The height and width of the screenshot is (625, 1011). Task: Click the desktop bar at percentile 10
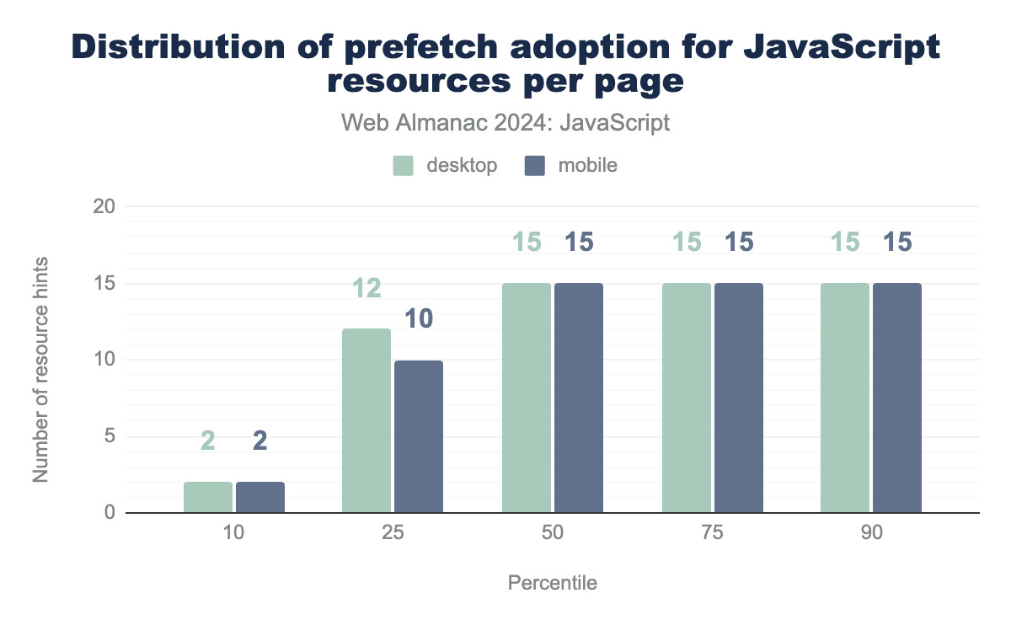click(208, 497)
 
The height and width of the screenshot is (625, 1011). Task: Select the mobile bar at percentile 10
click(260, 497)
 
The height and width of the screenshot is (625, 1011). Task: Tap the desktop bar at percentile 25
click(366, 420)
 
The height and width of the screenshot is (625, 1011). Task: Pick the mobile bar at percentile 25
click(419, 436)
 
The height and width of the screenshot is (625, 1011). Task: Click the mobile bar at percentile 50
click(579, 398)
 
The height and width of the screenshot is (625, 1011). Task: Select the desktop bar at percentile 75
click(687, 398)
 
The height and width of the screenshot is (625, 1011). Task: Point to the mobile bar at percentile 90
click(897, 398)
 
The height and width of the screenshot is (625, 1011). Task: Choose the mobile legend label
click(587, 165)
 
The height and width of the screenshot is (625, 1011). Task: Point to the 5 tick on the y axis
click(110, 436)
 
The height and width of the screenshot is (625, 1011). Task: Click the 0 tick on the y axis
click(110, 513)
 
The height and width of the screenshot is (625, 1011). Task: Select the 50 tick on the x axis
click(553, 537)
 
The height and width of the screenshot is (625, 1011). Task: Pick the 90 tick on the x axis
click(871, 537)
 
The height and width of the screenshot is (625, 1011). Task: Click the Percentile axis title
click(553, 583)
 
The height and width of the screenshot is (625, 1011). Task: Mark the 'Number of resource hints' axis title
click(40, 361)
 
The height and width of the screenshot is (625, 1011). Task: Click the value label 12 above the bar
click(366, 289)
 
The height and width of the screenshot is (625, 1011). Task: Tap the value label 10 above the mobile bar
click(419, 320)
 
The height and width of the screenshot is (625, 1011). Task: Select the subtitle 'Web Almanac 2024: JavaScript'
click(505, 123)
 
